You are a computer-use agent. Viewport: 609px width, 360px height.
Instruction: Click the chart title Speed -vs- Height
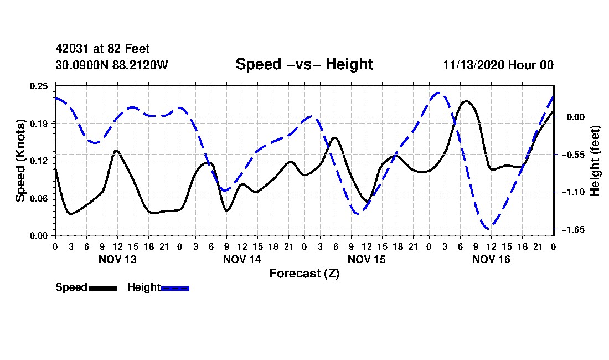tap(304, 65)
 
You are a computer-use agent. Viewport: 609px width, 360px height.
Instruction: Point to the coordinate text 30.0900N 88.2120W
tap(111, 65)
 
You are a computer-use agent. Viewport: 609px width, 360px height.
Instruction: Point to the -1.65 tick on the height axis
tap(574, 229)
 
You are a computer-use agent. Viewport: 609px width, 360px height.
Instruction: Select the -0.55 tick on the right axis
tap(574, 155)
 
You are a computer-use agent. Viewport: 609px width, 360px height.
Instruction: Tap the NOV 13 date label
tap(117, 259)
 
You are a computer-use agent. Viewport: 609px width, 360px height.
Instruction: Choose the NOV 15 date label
tap(367, 259)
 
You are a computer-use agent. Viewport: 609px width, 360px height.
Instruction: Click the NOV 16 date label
tap(491, 259)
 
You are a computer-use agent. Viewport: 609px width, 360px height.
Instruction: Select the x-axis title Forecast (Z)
tap(304, 274)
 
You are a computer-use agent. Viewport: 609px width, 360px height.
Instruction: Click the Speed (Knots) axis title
tap(20, 161)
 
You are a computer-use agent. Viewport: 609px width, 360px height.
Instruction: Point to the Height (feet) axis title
tap(596, 161)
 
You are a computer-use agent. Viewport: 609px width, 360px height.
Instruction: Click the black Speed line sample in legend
tap(103, 288)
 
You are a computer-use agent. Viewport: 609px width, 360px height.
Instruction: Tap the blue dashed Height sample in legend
tap(175, 288)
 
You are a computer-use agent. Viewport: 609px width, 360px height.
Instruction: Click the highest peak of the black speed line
tap(466, 101)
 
